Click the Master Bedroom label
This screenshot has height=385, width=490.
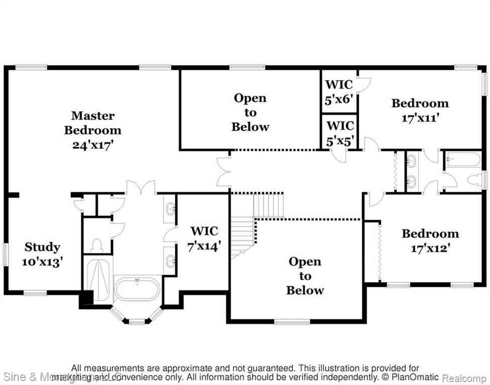tap(92, 123)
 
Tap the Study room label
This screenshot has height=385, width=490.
tap(43, 247)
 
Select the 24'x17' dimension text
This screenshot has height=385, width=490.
tap(92, 144)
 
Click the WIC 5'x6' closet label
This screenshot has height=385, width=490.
tap(339, 92)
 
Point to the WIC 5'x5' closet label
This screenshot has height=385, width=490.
tap(340, 133)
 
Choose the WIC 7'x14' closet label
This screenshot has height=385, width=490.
tap(204, 238)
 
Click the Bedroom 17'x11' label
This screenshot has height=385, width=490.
tap(420, 110)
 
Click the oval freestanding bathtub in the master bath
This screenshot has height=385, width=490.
tap(137, 289)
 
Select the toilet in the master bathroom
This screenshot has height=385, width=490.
tap(96, 245)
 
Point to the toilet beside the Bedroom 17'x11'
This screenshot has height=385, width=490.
tap(473, 179)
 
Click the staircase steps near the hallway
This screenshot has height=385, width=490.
tap(266, 206)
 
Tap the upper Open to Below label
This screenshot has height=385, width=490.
tap(250, 112)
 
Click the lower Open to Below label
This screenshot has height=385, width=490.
tap(305, 276)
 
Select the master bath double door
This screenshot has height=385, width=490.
tap(141, 188)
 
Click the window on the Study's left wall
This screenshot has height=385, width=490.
tap(6, 255)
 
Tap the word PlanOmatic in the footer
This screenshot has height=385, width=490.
tap(416, 377)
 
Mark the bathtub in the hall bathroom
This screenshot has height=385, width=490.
tap(463, 160)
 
